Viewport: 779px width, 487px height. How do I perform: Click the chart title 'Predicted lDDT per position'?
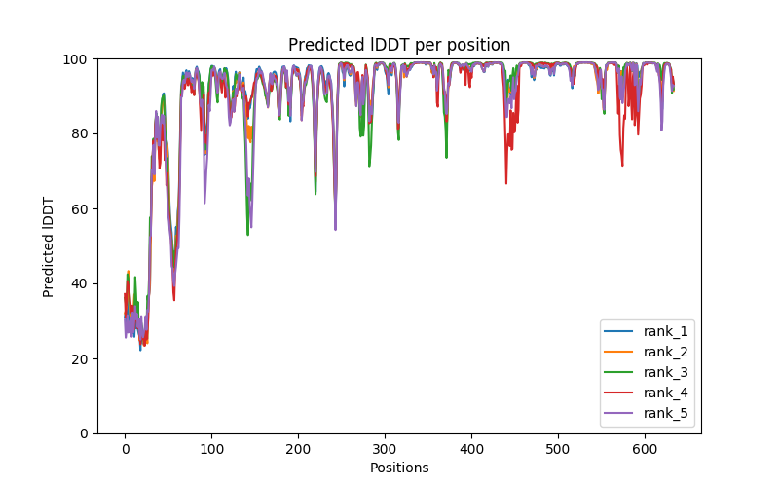399,45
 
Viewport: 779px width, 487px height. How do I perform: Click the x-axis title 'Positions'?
399,468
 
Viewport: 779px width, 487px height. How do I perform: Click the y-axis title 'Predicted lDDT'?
49,246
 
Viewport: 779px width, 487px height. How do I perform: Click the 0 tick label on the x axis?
125,448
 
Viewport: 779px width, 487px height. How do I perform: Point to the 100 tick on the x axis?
211,448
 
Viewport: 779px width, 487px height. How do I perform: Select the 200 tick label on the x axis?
298,448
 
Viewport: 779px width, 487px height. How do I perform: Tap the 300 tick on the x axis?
385,448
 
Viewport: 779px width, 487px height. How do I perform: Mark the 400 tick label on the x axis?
471,448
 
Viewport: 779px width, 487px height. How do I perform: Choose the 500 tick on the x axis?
558,448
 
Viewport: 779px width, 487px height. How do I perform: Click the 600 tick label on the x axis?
645,448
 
